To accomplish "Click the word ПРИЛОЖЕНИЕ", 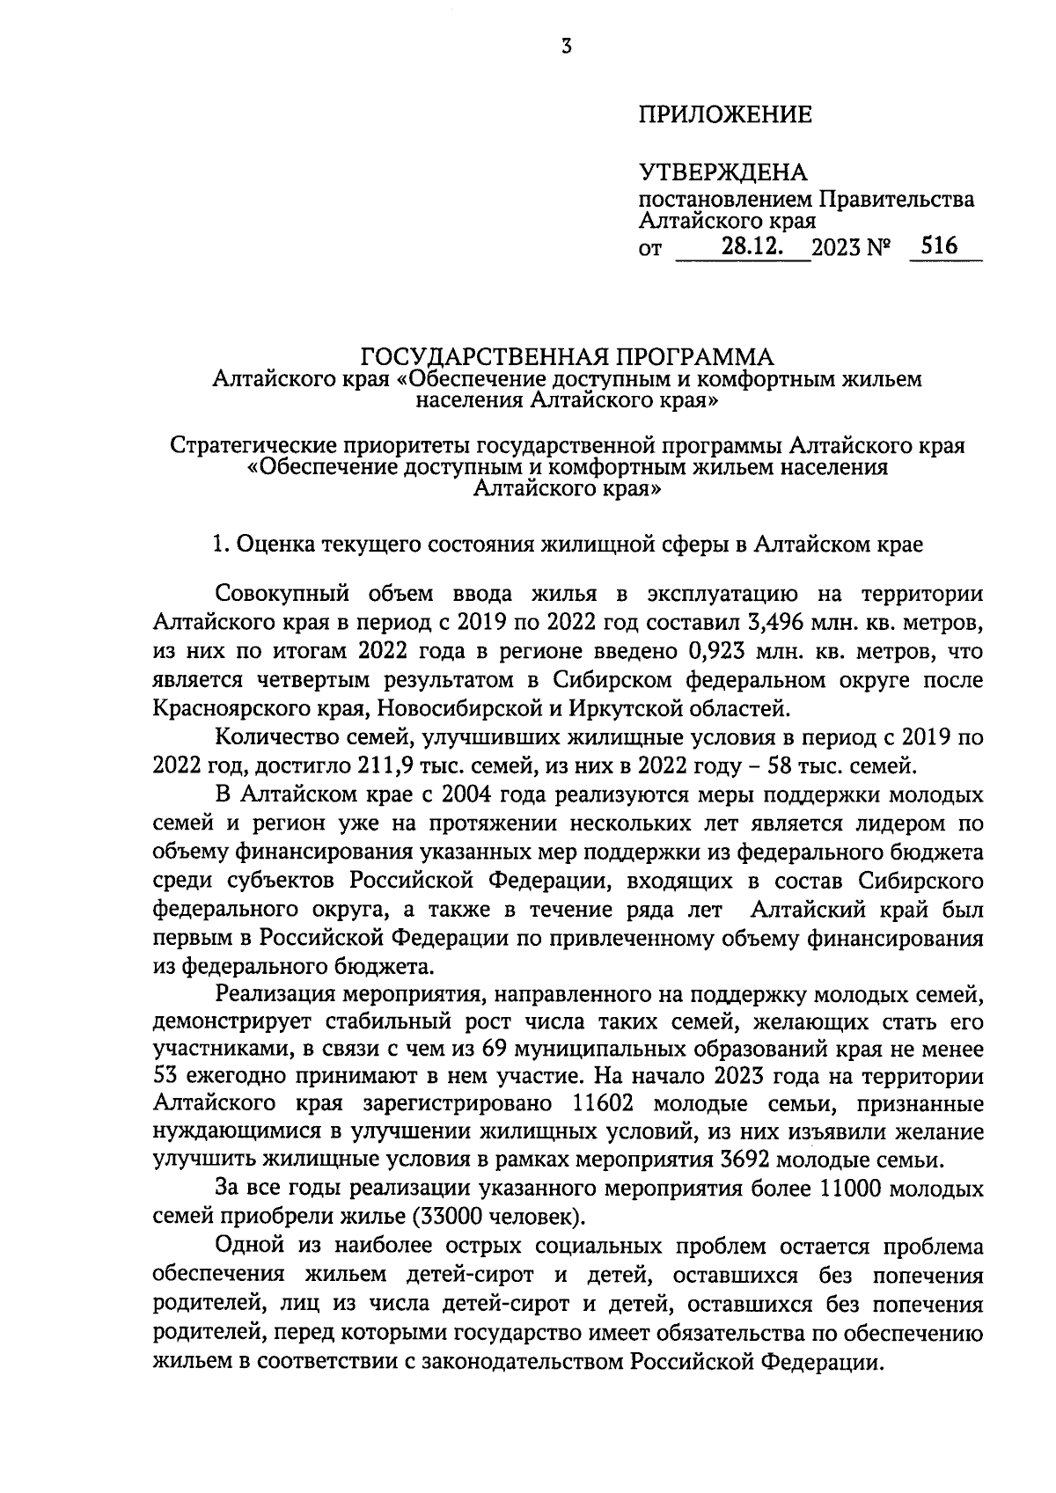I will pos(724,115).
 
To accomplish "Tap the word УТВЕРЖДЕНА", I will pos(722,172).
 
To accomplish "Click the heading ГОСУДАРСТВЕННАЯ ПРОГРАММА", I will pos(568,357).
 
